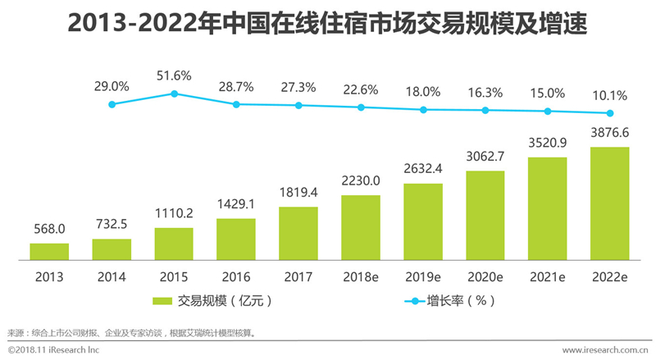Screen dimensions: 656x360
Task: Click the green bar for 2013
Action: (49, 252)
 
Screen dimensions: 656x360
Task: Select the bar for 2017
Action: (298, 234)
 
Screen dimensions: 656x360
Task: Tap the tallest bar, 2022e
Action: (609, 203)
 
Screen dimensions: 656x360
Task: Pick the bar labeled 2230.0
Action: (361, 228)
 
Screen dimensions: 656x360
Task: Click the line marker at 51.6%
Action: (175, 93)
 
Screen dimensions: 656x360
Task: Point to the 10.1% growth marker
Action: (610, 113)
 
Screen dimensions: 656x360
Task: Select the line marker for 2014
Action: (112, 104)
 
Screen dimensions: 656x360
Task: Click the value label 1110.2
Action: (174, 213)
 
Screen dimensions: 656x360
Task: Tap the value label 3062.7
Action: (485, 157)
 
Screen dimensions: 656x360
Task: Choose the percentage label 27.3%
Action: (298, 88)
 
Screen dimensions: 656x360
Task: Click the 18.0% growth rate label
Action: (423, 92)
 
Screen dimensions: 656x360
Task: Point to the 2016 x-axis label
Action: (236, 277)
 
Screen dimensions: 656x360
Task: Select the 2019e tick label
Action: (423, 277)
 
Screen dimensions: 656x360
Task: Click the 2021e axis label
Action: (547, 277)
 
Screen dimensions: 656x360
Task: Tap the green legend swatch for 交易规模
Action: (162, 301)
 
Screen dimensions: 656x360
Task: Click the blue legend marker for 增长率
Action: (415, 301)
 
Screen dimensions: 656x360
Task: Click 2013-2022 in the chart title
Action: (132, 23)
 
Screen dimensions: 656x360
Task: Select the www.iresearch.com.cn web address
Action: (605, 350)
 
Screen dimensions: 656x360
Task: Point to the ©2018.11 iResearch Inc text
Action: (53, 350)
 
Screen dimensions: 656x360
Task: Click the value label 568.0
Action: (49, 229)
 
